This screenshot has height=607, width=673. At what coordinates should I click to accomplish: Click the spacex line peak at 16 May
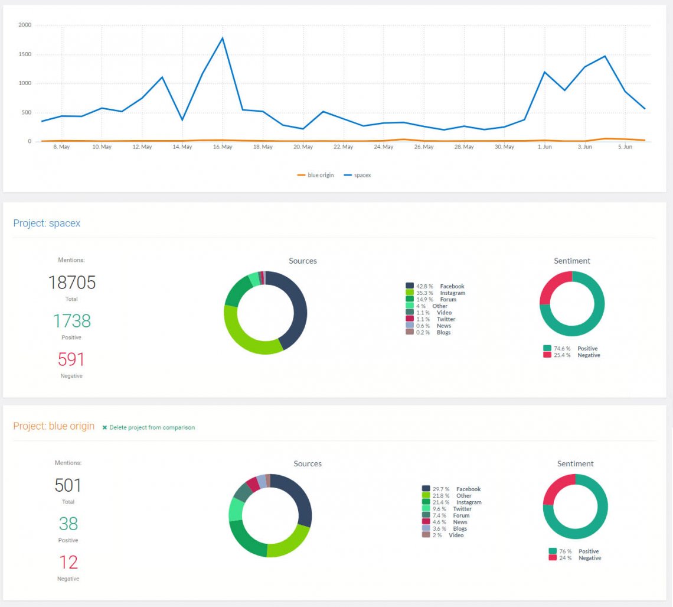coord(223,38)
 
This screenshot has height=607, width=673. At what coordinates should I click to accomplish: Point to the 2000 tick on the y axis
coord(25,25)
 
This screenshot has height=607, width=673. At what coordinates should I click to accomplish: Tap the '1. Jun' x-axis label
coord(544,147)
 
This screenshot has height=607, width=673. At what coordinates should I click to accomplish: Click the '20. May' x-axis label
coord(303,147)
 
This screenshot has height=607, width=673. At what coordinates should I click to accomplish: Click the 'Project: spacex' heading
coord(47,223)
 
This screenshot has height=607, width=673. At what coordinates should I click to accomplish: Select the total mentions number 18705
coord(71,283)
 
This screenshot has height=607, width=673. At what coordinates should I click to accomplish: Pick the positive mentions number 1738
coord(71,321)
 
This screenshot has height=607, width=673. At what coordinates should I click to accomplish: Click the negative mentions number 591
coord(71,359)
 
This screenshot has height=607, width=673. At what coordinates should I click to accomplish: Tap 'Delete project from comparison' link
coord(152,427)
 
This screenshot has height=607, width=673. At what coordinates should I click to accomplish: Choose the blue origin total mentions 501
coord(68,485)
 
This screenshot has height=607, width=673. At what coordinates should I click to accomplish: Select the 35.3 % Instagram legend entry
coord(436,293)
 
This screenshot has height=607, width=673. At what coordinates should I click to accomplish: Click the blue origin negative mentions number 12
coord(68,562)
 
